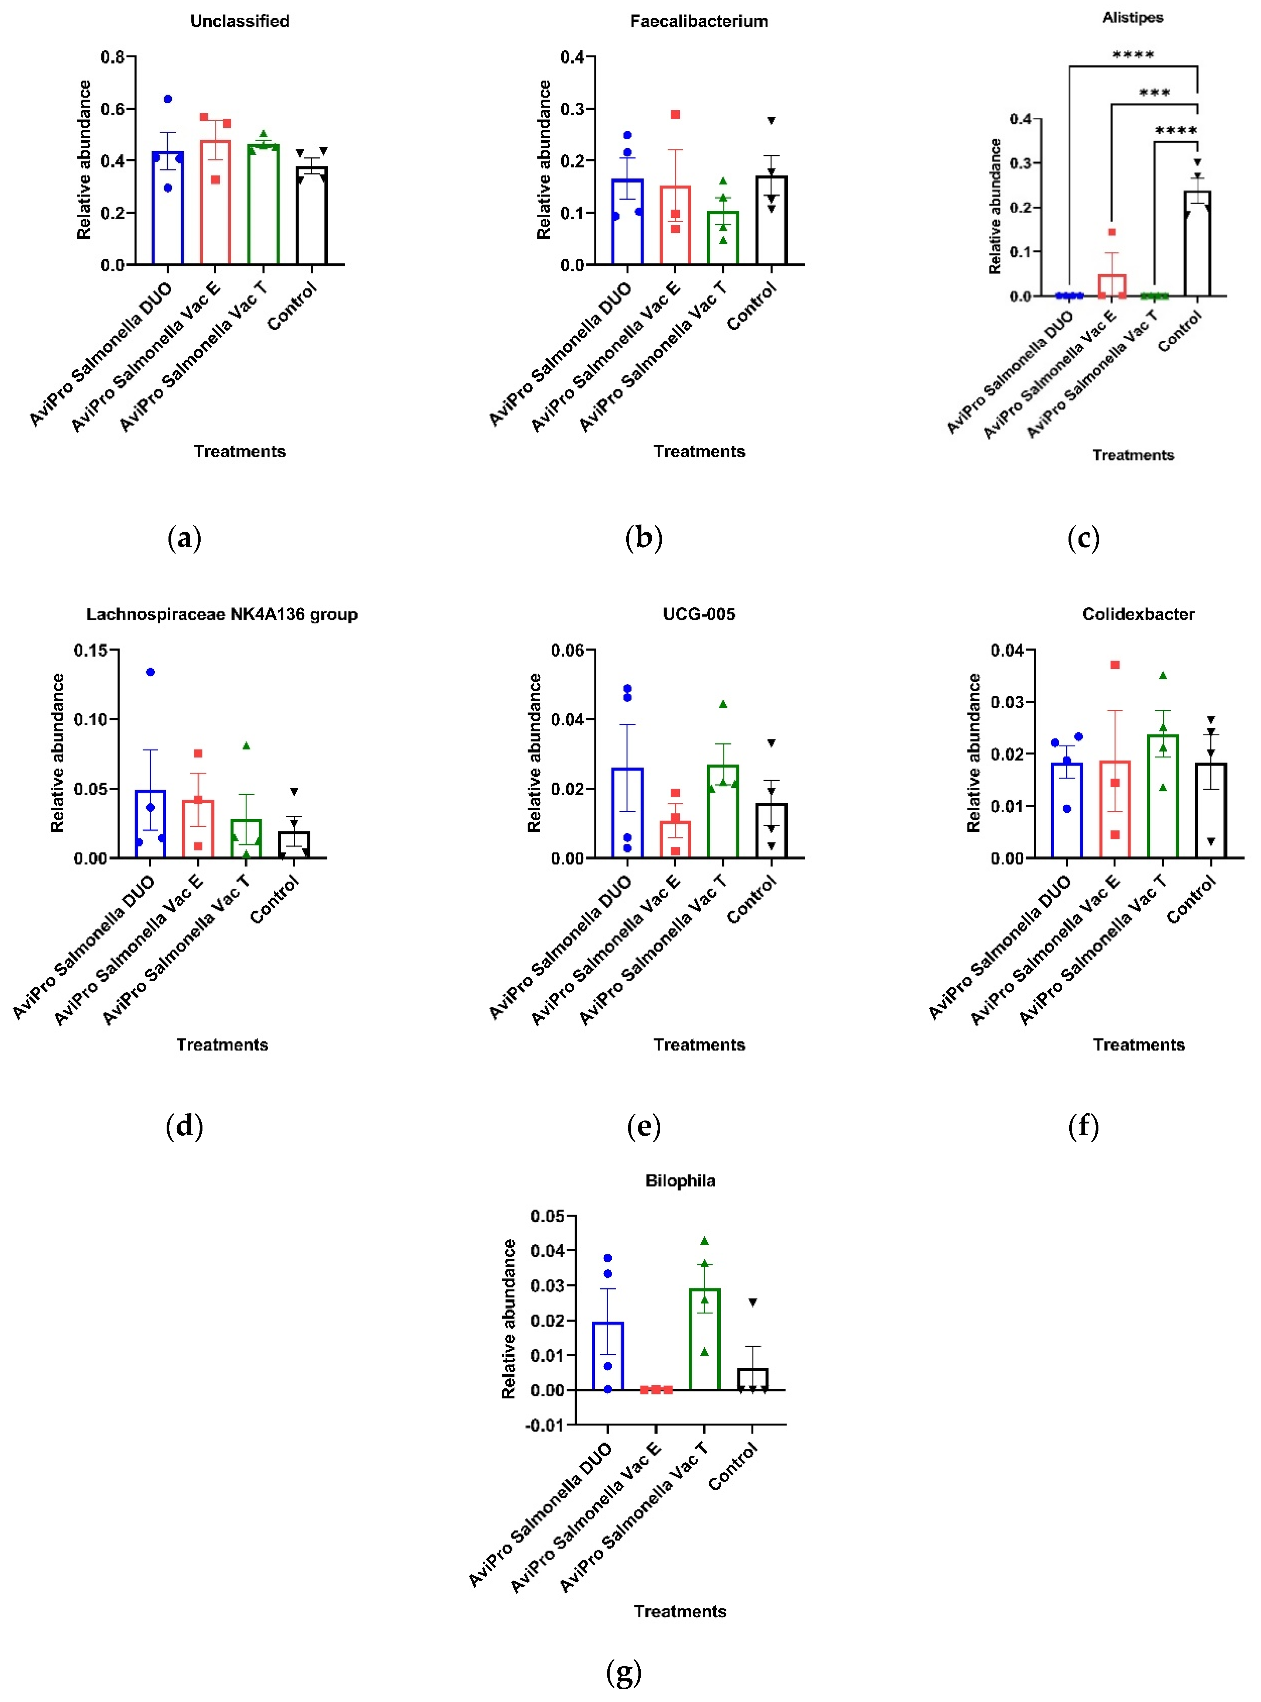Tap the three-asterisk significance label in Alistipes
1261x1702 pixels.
click(1154, 93)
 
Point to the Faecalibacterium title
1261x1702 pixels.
click(698, 21)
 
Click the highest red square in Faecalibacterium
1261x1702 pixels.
click(675, 115)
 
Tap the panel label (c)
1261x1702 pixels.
click(1083, 538)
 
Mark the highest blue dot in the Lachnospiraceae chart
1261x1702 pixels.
click(150, 672)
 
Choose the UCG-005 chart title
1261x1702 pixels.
click(698, 615)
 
